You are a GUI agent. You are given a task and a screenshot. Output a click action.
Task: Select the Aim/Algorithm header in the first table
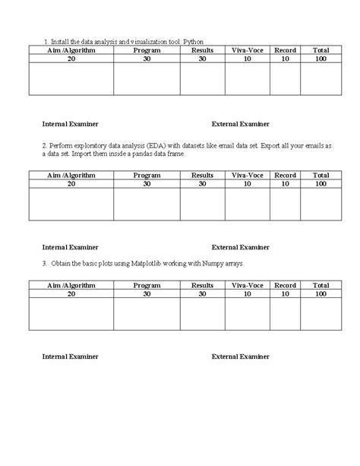[71, 49]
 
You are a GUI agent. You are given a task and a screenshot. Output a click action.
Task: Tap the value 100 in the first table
[320, 58]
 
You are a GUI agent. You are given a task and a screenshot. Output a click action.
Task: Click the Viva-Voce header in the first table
[247, 49]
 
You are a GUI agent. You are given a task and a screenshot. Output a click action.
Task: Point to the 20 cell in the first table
[71, 58]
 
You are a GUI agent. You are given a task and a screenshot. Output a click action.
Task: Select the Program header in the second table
[147, 175]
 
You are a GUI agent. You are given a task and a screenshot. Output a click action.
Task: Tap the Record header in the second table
[285, 175]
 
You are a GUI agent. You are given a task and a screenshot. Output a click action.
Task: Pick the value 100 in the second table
[320, 183]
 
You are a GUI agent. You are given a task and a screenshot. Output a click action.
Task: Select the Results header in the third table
[203, 285]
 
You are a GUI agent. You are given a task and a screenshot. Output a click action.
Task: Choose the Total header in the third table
[320, 285]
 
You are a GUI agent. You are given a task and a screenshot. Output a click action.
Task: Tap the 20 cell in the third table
[71, 293]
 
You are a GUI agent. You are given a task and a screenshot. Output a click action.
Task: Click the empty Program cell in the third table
[147, 314]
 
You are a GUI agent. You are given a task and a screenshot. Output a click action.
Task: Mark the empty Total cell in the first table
[320, 78]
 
